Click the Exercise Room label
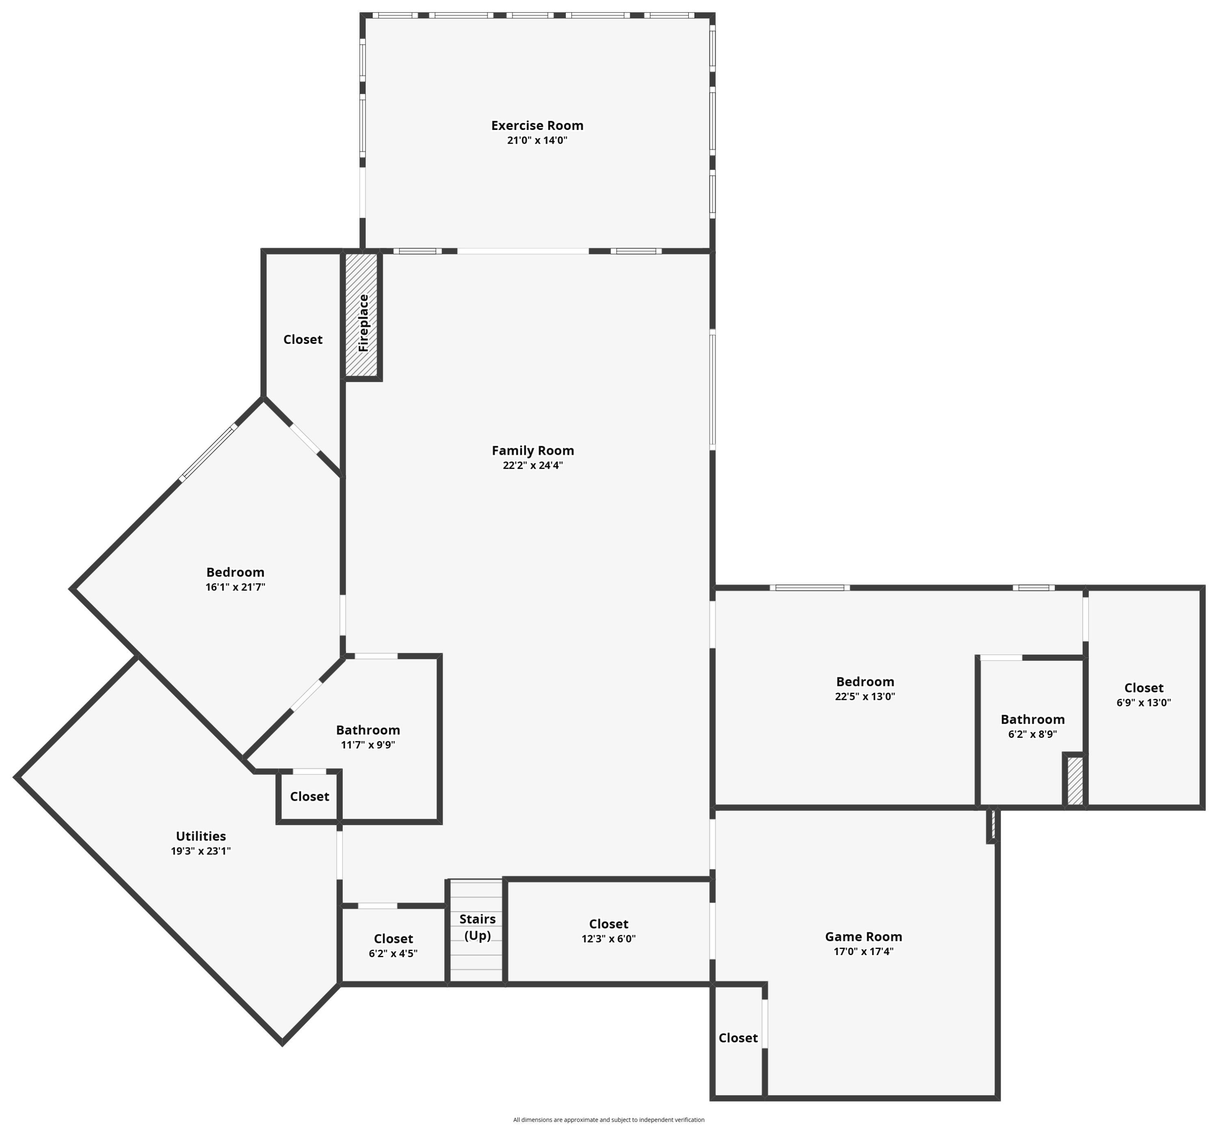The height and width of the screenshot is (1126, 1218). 537,125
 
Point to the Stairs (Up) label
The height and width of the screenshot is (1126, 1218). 477,927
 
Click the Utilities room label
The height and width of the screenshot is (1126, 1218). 201,836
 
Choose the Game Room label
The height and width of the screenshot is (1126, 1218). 863,936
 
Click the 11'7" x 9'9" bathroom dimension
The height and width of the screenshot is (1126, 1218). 368,745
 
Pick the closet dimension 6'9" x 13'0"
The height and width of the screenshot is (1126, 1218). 1144,702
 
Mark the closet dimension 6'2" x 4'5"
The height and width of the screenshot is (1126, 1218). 393,953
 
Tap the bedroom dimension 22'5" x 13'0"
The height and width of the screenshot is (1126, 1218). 865,696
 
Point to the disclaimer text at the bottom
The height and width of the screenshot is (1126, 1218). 609,1119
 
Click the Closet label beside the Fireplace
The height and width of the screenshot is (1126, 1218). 303,339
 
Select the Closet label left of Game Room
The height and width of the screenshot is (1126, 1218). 738,1037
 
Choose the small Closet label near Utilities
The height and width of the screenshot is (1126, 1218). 309,796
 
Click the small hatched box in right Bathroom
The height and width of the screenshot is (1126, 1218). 1075,780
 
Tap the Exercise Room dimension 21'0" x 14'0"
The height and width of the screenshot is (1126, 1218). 537,140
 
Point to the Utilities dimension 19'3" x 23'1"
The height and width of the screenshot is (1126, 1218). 201,851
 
